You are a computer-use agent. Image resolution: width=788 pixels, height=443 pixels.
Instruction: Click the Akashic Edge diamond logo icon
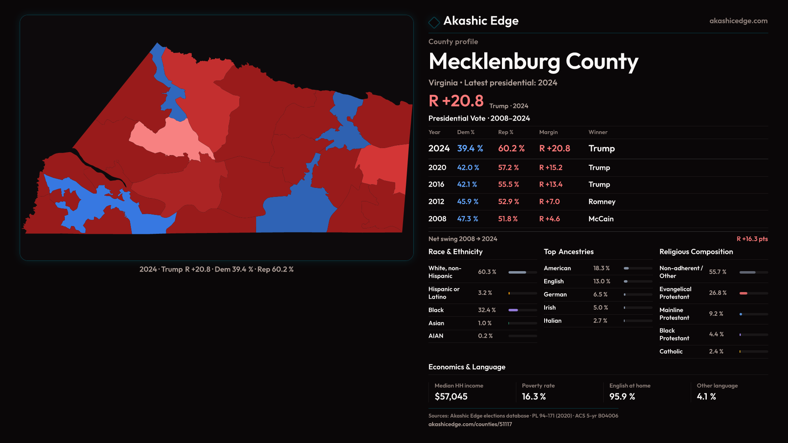click(x=434, y=22)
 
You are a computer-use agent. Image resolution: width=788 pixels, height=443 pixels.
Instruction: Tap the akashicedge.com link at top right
click(x=738, y=21)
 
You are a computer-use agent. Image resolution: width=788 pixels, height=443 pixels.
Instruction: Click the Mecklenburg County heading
click(x=533, y=62)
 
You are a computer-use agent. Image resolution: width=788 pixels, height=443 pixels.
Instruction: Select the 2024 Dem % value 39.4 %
click(x=470, y=148)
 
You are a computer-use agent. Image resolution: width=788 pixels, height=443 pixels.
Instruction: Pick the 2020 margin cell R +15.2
click(x=551, y=168)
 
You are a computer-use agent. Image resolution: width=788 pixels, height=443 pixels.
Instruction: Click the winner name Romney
click(x=602, y=202)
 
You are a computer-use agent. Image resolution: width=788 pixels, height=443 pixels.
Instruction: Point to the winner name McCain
click(x=601, y=219)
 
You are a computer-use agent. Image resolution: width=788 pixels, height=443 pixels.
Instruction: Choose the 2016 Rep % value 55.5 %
click(x=509, y=185)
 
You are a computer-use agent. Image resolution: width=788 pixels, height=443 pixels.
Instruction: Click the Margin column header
click(x=548, y=132)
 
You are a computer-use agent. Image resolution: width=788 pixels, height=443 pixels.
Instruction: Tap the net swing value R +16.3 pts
click(x=752, y=239)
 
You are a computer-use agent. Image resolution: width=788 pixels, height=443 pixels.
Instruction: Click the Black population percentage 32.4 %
click(x=487, y=310)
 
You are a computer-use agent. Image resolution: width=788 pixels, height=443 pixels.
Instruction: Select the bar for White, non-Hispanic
click(x=517, y=272)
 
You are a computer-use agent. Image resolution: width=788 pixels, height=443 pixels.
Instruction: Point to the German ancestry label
click(x=555, y=295)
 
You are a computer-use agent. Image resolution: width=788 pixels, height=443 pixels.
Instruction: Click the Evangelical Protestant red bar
click(x=743, y=293)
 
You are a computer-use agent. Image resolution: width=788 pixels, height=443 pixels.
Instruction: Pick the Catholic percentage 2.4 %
click(x=716, y=352)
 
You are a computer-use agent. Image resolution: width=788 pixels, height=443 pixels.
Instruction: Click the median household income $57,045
click(x=451, y=397)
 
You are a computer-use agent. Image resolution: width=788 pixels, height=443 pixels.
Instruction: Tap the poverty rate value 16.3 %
click(x=534, y=397)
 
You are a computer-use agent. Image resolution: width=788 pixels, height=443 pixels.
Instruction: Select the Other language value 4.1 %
click(x=706, y=397)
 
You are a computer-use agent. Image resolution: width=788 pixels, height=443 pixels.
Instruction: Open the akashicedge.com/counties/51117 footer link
click(x=470, y=424)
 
